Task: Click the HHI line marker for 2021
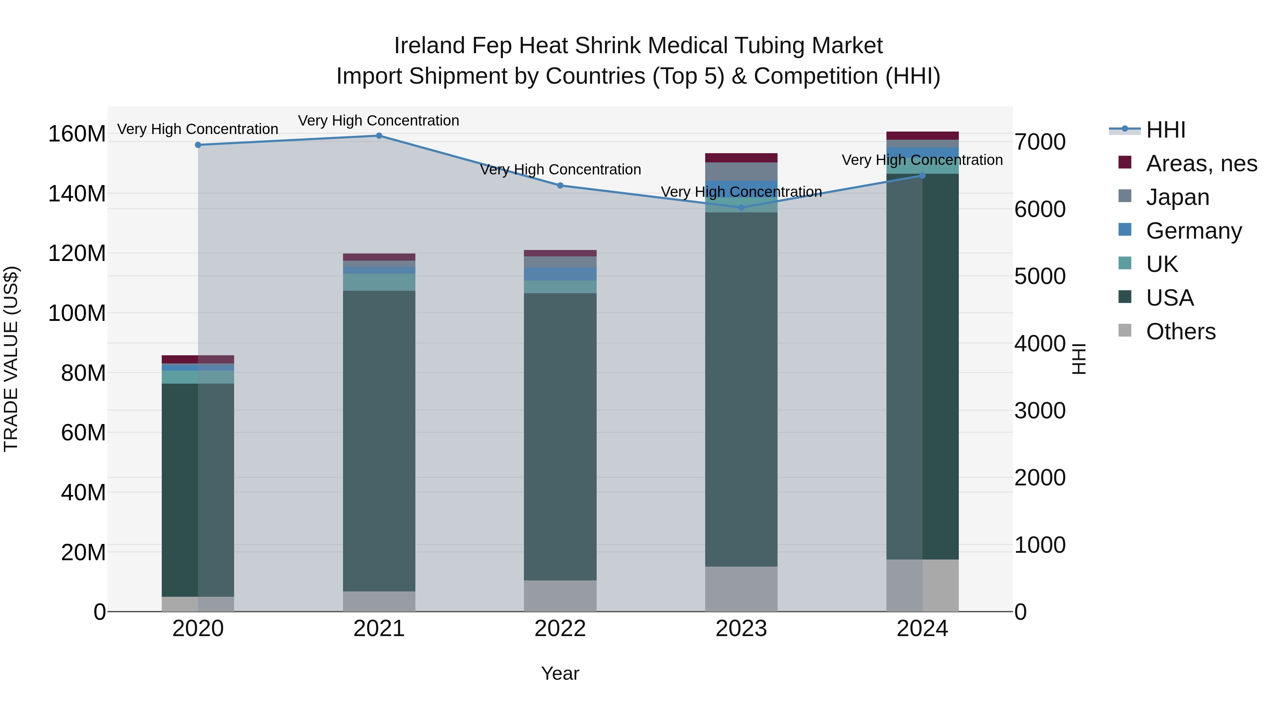point(379,136)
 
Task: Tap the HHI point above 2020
point(198,145)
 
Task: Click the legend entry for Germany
point(1193,231)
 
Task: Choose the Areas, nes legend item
point(1201,163)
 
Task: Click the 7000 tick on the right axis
point(1040,142)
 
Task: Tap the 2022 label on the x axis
point(560,629)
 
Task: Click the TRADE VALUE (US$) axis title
point(11,359)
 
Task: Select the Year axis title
point(560,673)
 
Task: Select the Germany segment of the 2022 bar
point(560,274)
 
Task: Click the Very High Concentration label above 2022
point(560,169)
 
